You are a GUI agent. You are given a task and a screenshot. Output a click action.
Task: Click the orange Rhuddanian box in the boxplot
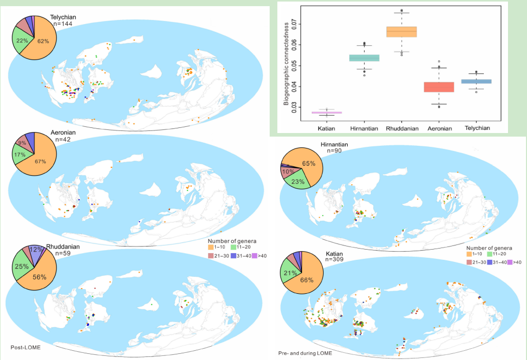tap(401, 32)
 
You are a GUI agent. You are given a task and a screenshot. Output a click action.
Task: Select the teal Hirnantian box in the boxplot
tap(364, 58)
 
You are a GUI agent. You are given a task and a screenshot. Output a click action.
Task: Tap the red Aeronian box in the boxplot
tap(439, 87)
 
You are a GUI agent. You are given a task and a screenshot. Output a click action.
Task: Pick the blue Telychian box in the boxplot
tap(476, 81)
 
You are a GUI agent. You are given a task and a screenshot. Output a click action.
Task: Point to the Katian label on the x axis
tap(327, 128)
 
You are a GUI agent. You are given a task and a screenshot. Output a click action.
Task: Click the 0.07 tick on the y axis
tap(293, 23)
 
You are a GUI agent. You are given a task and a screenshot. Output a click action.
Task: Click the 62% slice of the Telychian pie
tap(44, 41)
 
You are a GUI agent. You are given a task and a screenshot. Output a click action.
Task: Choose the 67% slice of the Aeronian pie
tap(41, 161)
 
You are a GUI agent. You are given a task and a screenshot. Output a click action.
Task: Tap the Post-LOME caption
tap(26, 348)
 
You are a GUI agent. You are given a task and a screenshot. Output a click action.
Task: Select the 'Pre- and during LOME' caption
tap(305, 353)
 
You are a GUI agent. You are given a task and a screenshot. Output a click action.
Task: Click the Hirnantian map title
tap(334, 145)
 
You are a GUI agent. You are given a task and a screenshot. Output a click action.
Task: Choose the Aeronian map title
tap(63, 132)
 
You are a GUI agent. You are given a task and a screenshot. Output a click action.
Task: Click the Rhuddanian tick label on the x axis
tap(401, 128)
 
